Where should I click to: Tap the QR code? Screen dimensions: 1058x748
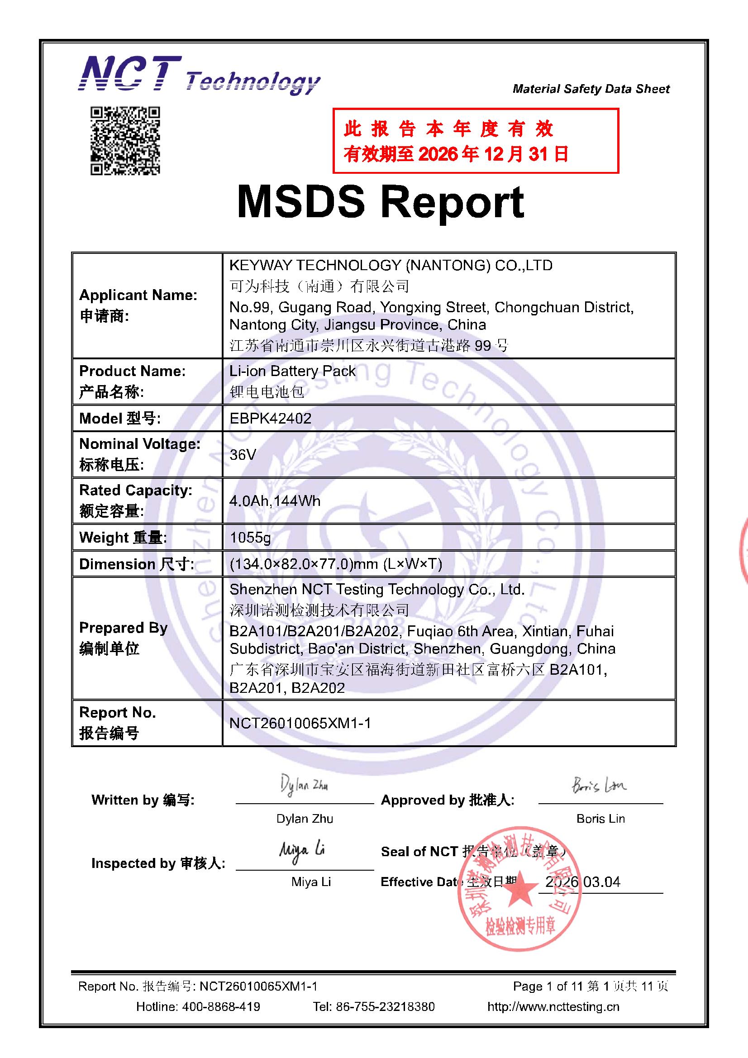(125, 141)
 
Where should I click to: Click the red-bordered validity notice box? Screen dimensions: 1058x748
(475, 141)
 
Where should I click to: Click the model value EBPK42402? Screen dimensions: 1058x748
(271, 419)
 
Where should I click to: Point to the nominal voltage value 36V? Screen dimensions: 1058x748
(243, 455)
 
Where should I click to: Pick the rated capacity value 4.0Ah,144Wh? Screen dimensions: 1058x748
(275, 501)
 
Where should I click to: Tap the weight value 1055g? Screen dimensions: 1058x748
(250, 537)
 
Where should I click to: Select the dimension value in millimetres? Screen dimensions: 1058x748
(335, 563)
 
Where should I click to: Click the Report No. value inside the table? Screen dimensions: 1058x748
(300, 723)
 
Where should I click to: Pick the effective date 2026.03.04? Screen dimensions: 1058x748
(582, 882)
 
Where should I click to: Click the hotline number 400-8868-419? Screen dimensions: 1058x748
(221, 1006)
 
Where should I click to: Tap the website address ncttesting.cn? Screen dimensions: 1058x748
(553, 1006)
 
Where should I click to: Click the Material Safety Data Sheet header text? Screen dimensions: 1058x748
(591, 89)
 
